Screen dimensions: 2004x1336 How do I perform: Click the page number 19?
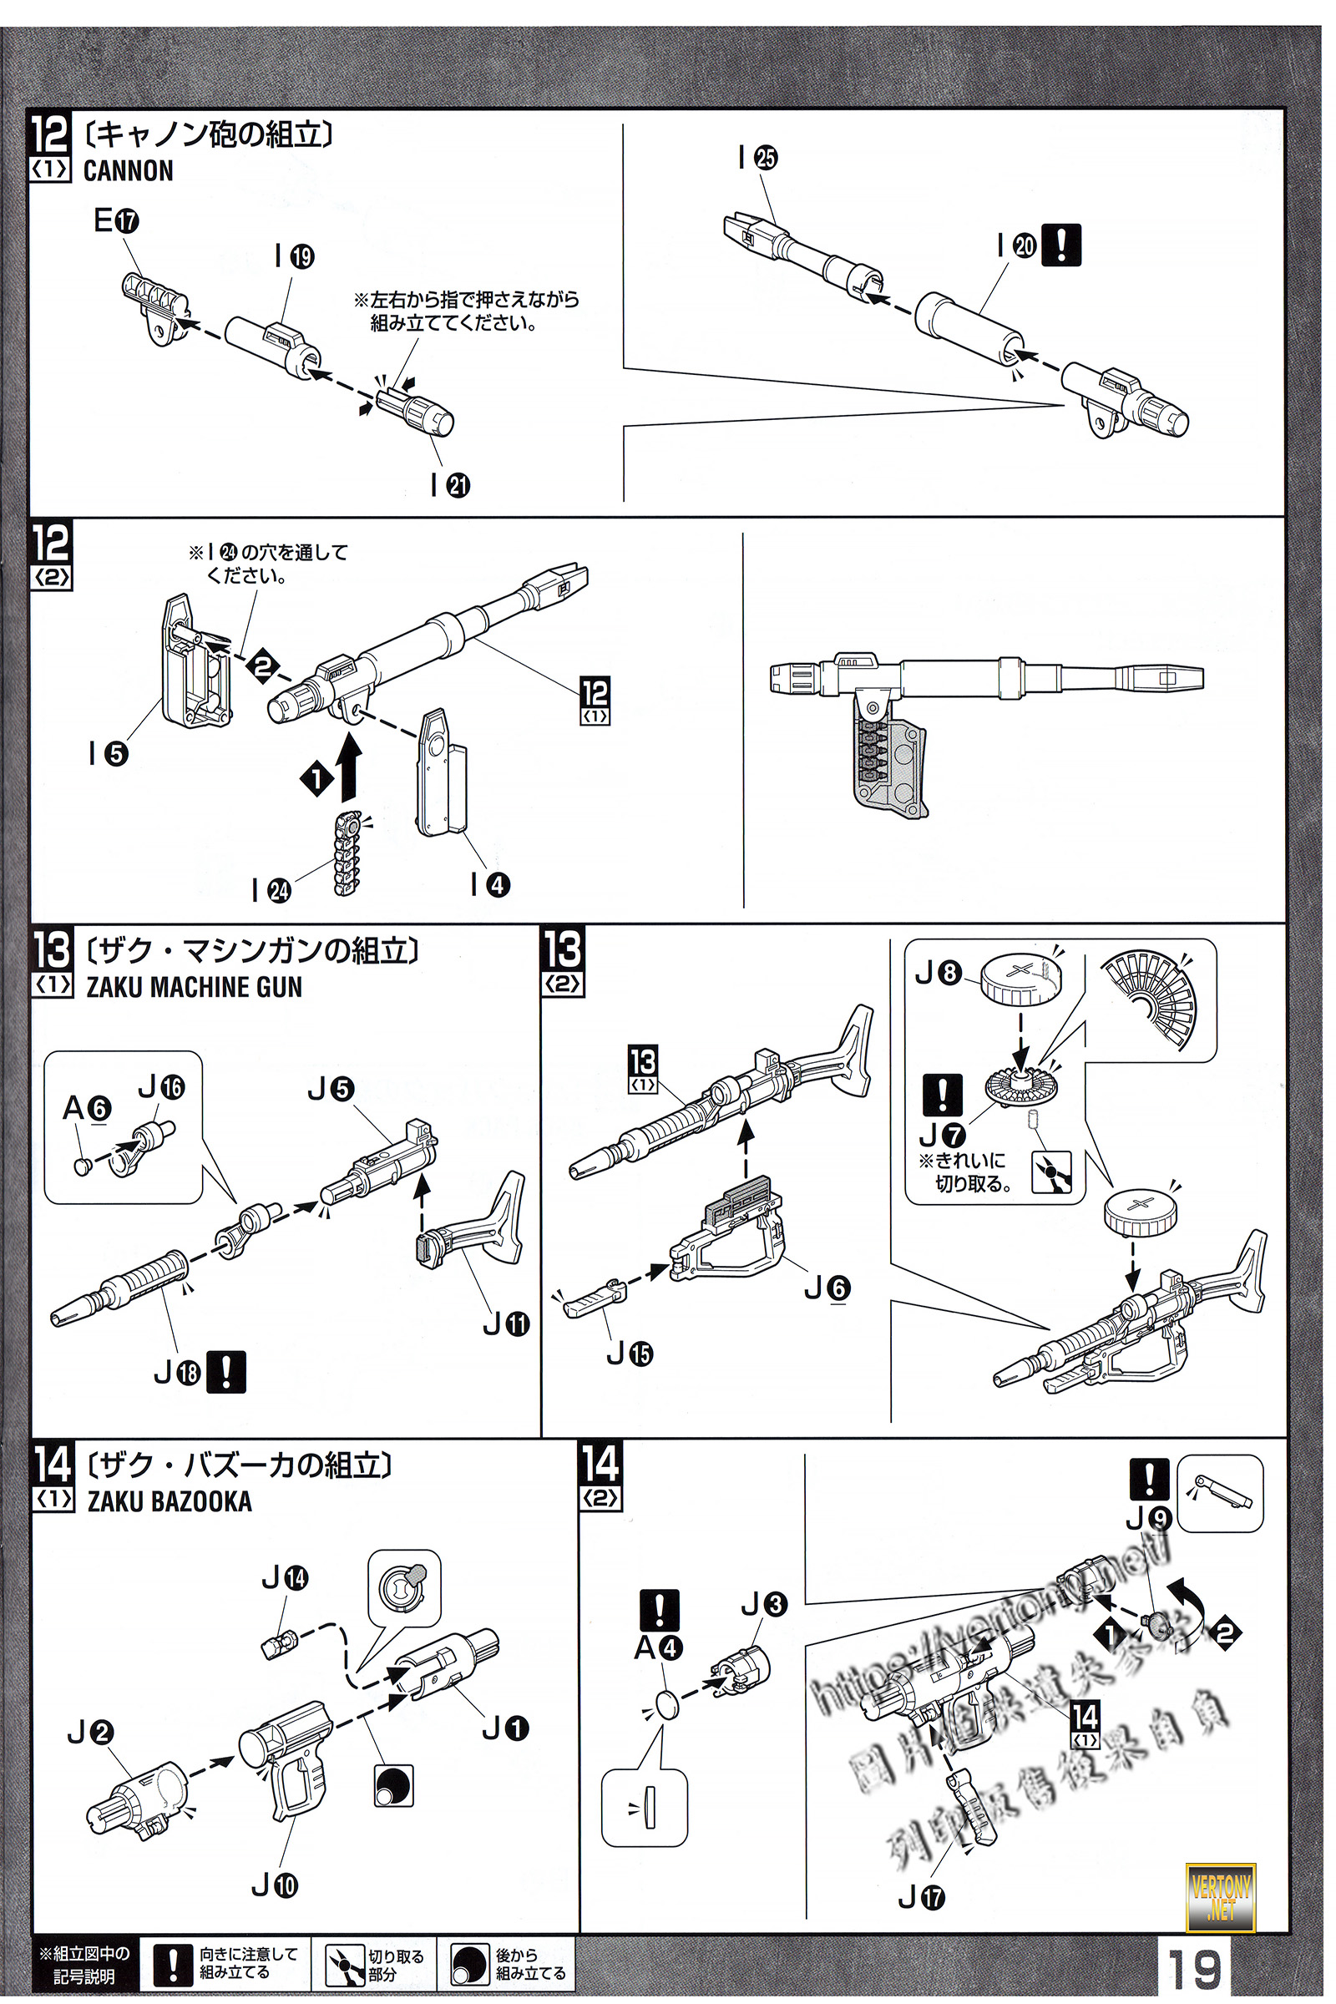pyautogui.click(x=1194, y=1968)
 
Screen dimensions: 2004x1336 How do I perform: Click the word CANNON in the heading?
pyautogui.click(x=128, y=171)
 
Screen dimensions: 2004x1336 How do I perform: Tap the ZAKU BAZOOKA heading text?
pyautogui.click(x=170, y=1500)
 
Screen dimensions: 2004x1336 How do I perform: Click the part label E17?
pyautogui.click(x=116, y=221)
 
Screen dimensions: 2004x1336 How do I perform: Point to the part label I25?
pyautogui.click(x=757, y=158)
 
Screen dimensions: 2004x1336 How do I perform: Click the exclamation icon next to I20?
pyautogui.click(x=1061, y=245)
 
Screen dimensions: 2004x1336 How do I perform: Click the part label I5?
pyautogui.click(x=109, y=753)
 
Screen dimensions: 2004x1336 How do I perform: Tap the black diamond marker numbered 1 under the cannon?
pyautogui.click(x=316, y=778)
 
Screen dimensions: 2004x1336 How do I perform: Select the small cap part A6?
pyautogui.click(x=83, y=1165)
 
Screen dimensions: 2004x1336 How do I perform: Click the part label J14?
pyautogui.click(x=285, y=1577)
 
